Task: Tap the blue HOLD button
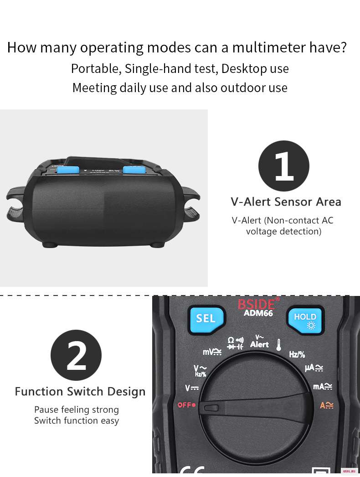(305, 320)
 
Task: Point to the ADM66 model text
(258, 313)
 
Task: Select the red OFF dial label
(186, 405)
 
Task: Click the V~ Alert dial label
(259, 341)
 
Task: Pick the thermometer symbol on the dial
(278, 345)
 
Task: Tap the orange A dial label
(327, 405)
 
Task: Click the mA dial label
(323, 386)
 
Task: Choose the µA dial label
(314, 368)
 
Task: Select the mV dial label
(212, 352)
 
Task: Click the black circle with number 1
(284, 166)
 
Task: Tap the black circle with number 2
(76, 355)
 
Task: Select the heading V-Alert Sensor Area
(286, 202)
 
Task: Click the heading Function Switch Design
(80, 392)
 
